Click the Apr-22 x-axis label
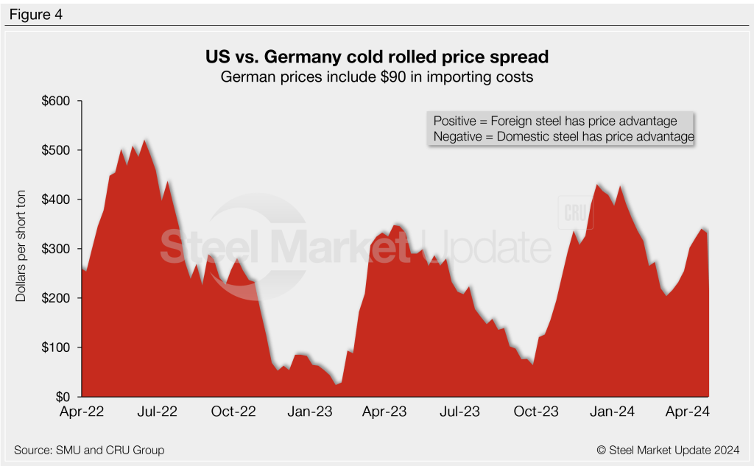[81, 412]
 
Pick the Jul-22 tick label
[158, 412]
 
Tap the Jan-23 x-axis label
[309, 412]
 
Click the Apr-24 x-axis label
[688, 412]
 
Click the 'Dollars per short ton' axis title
[22, 250]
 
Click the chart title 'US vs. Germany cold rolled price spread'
[376, 57]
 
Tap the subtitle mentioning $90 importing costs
[376, 75]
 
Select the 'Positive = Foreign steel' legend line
[555, 121]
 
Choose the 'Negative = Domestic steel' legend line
[564, 136]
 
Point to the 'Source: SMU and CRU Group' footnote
[88, 449]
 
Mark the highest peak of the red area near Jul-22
[145, 140]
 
